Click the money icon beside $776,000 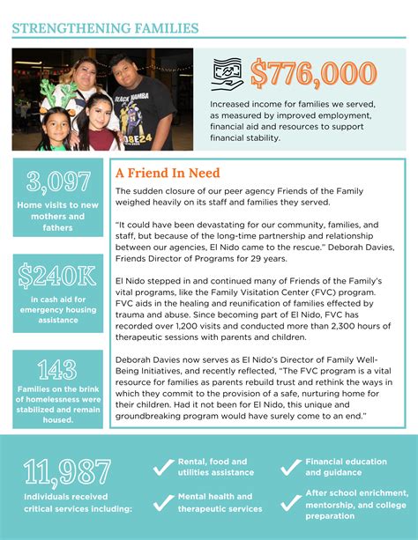coord(228,74)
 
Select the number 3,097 coord(58,181)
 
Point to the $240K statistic coord(58,275)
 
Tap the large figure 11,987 coord(74,473)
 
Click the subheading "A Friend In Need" coord(167,174)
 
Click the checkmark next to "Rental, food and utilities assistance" coord(162,466)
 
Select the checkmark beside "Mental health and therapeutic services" coord(162,502)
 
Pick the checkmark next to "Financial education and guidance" coord(291,466)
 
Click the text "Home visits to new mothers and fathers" coord(58,216)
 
